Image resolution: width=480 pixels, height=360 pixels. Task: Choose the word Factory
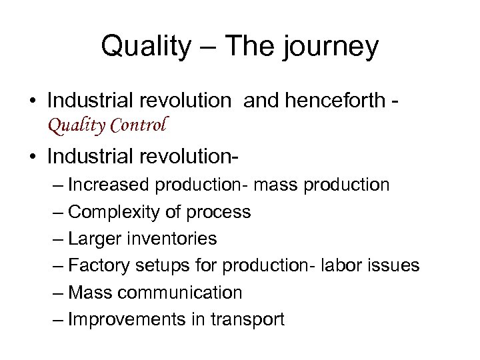pyautogui.click(x=101, y=266)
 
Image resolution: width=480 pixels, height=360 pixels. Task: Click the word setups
pyautogui.click(x=164, y=266)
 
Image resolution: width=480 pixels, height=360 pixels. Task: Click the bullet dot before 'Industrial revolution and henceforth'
pyautogui.click(x=32, y=101)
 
